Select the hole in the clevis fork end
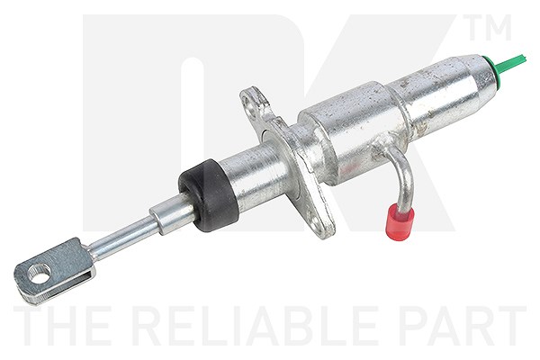[x=39, y=274]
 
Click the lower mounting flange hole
[x=316, y=220]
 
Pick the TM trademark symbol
[x=490, y=27]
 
